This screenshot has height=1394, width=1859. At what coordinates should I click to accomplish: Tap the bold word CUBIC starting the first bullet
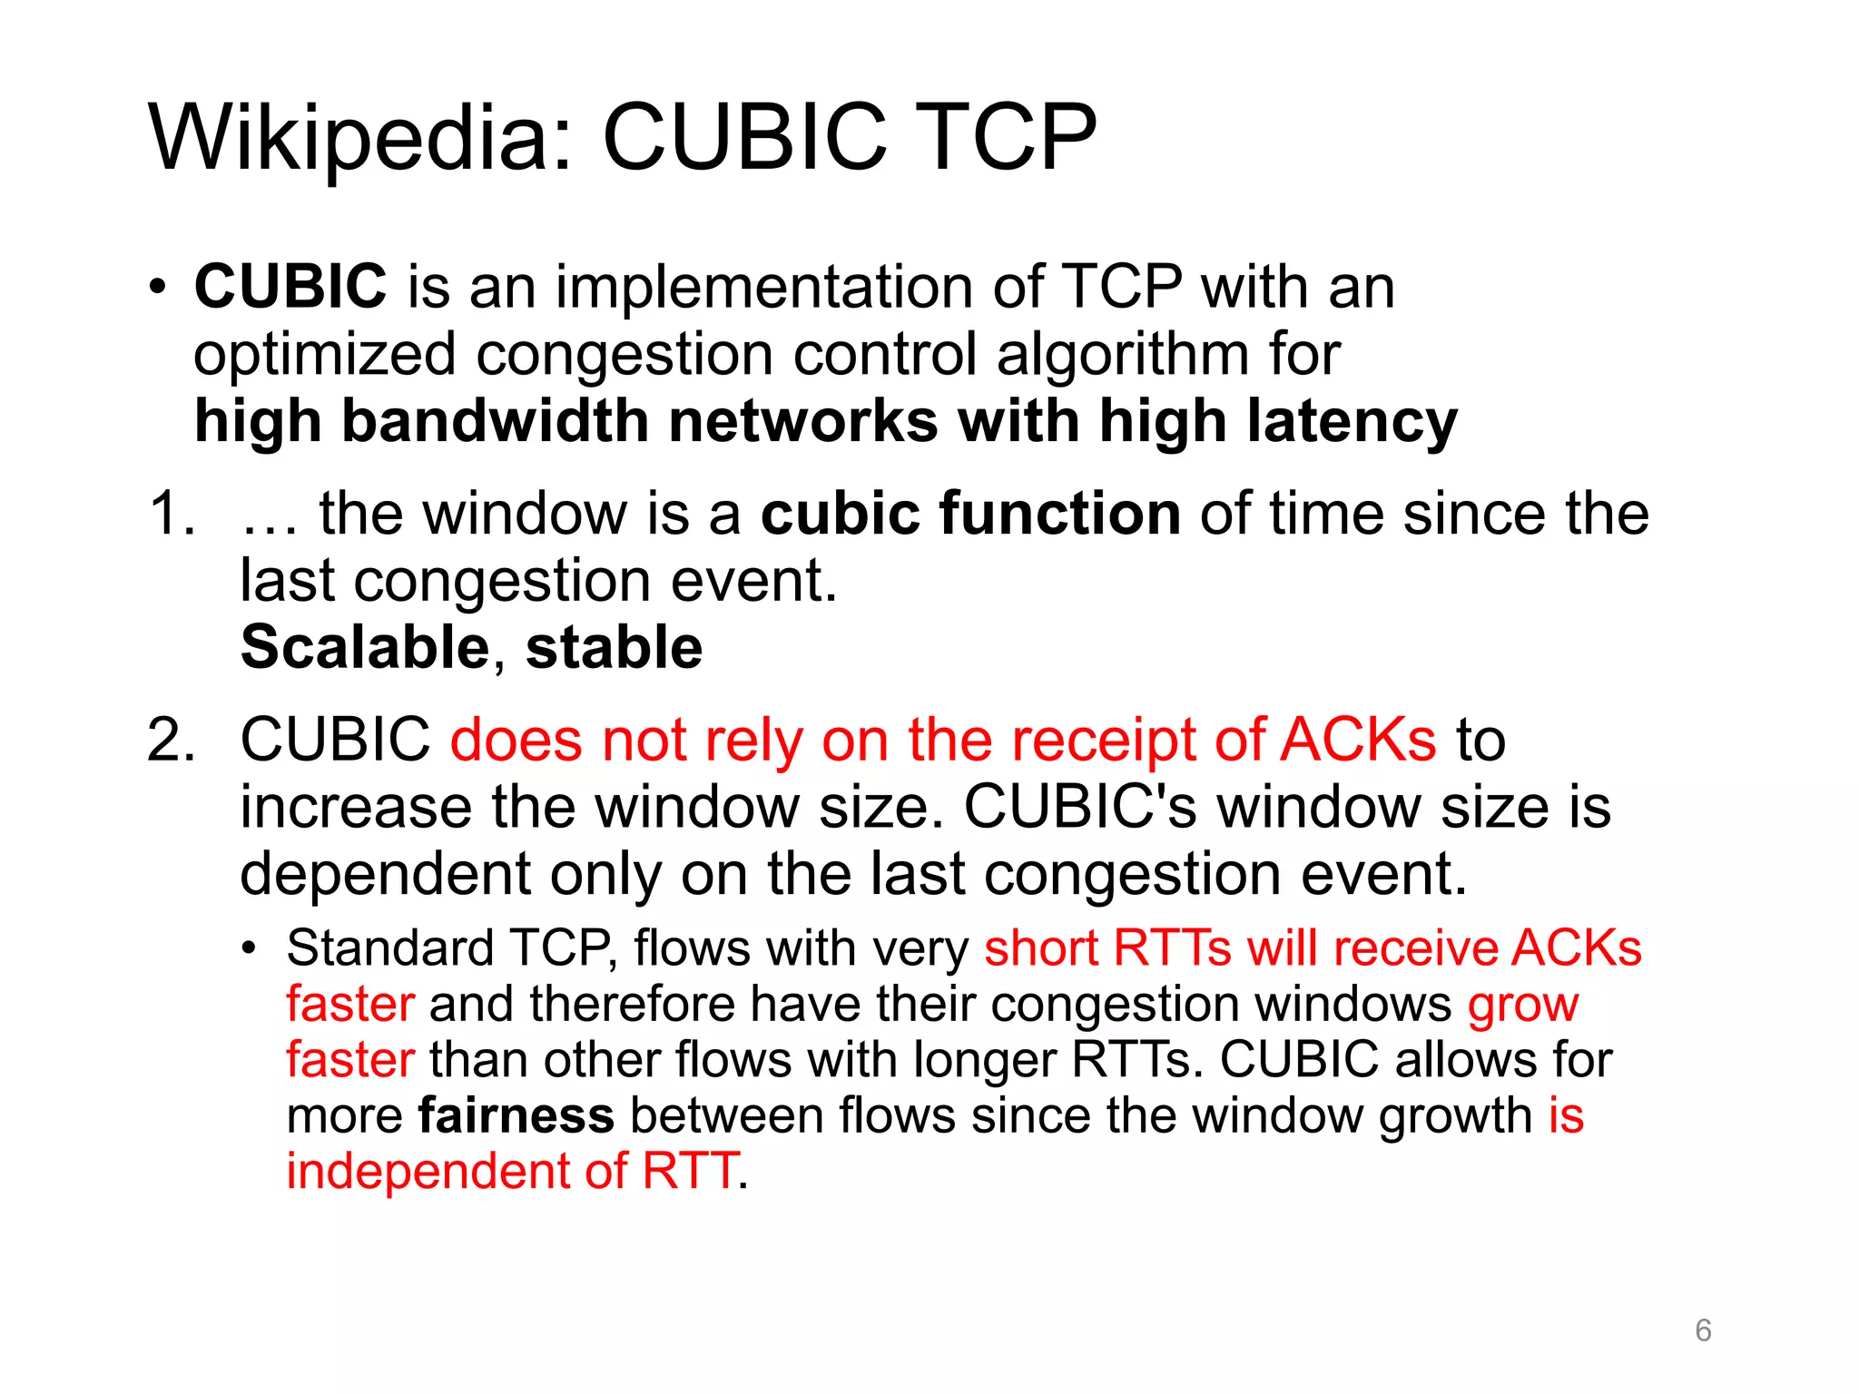click(x=290, y=286)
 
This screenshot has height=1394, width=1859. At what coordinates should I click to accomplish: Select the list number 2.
click(x=171, y=740)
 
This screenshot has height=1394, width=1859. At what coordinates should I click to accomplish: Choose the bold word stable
click(x=615, y=647)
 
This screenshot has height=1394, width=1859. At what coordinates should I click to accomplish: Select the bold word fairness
click(x=516, y=1115)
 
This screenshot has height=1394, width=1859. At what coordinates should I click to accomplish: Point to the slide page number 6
click(x=1703, y=1330)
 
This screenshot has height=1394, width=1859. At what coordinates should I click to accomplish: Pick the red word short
click(x=1041, y=948)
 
